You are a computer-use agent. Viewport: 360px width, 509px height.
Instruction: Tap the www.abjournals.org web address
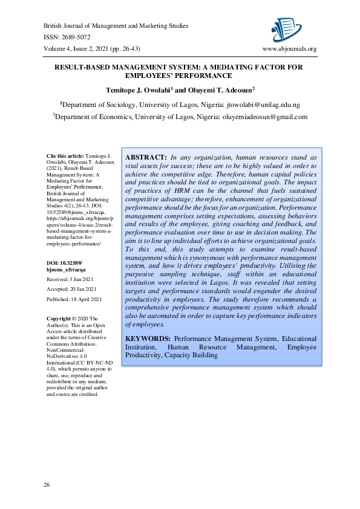click(289, 48)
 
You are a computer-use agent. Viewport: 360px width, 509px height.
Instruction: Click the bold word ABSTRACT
click(146, 157)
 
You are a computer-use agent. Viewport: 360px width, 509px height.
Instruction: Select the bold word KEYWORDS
click(148, 339)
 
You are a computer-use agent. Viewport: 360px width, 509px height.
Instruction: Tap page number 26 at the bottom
click(47, 485)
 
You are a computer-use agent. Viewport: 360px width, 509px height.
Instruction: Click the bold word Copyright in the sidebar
click(59, 318)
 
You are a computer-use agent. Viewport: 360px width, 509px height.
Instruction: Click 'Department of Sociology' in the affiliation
click(99, 105)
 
